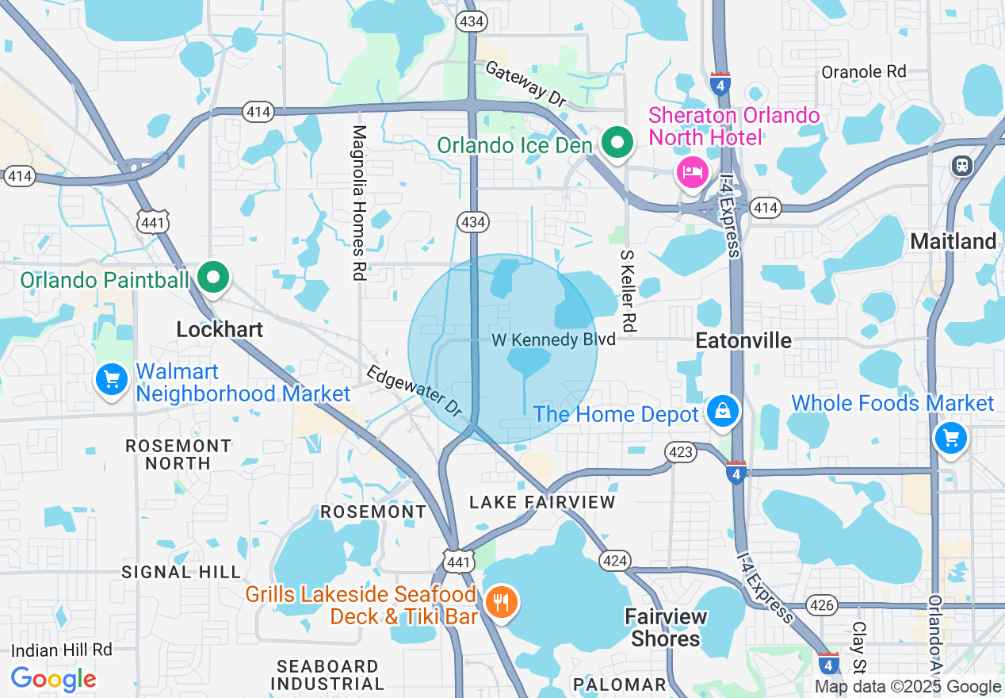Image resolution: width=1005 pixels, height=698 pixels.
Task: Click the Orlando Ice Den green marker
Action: (x=616, y=144)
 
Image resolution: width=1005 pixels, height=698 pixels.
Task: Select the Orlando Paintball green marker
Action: (x=213, y=278)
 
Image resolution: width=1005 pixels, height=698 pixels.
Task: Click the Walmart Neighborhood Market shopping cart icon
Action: (x=111, y=380)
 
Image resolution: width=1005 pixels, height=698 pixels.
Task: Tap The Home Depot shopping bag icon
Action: (x=723, y=412)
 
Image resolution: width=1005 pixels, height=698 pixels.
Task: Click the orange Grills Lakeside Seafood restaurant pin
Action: (x=500, y=603)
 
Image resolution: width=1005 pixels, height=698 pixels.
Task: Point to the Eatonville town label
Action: (x=743, y=340)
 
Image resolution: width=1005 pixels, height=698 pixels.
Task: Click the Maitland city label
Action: (x=953, y=241)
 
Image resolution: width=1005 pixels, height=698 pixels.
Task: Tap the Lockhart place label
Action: (x=220, y=329)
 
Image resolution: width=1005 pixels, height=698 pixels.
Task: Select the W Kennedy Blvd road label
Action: (x=553, y=339)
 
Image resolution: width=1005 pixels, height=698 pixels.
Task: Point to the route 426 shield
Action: (x=823, y=606)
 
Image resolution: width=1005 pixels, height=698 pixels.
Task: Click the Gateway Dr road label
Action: (x=525, y=83)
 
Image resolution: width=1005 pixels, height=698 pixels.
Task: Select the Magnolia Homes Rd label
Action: (x=359, y=202)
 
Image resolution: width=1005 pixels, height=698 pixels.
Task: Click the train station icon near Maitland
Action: (x=961, y=165)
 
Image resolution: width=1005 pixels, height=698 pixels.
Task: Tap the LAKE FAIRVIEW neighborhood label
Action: (x=542, y=502)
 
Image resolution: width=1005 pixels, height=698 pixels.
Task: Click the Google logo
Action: (x=53, y=679)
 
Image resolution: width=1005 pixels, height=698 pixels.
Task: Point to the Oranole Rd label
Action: (x=863, y=71)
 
